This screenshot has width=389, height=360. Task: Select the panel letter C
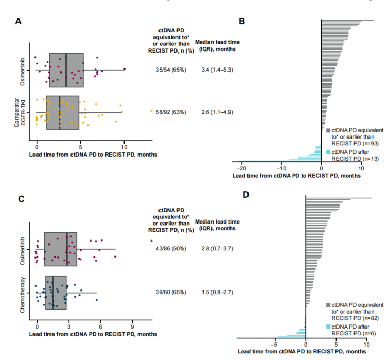coord(18,199)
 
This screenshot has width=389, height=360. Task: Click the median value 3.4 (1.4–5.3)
coord(218,70)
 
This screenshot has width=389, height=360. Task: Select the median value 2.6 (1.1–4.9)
coord(218,111)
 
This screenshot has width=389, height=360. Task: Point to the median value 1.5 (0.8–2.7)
coord(218,292)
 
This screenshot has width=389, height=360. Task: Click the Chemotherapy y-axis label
coord(23,292)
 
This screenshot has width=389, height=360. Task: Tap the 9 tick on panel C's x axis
coord(132,327)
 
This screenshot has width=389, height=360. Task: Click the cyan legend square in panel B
coord(328,152)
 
